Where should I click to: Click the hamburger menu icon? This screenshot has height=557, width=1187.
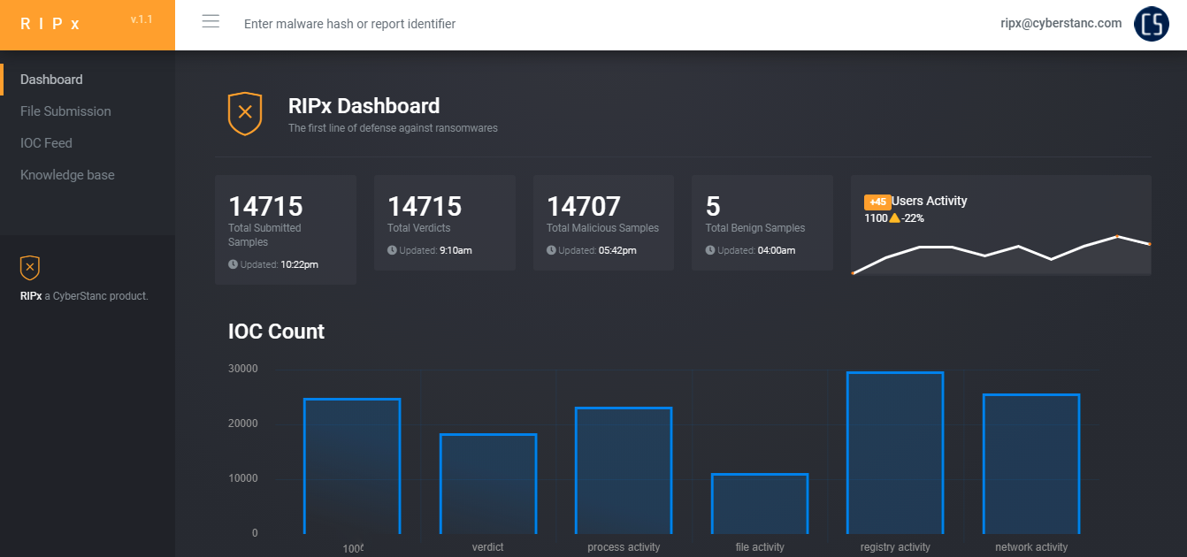[x=211, y=21]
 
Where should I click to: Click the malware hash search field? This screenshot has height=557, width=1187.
[x=349, y=24]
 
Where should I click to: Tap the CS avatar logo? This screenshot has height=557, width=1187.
[x=1152, y=24]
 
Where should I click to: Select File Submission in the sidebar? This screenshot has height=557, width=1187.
[x=65, y=111]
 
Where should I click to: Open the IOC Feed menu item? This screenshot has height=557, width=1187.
[x=46, y=143]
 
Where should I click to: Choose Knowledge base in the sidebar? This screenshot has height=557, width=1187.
[x=67, y=175]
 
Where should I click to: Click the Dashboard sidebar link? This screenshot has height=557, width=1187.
[x=51, y=80]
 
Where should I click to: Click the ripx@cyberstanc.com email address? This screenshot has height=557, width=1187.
[x=1061, y=23]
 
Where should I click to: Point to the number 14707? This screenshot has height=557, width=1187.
[x=584, y=206]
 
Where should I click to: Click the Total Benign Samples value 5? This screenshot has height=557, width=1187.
[x=713, y=206]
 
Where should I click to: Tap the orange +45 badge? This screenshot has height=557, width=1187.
[x=877, y=202]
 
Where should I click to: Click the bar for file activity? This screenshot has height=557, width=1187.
[x=760, y=504]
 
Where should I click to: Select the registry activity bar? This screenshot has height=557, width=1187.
[x=895, y=453]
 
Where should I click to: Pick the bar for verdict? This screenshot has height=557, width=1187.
[x=488, y=484]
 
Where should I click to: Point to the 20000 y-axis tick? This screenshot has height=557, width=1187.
[x=242, y=423]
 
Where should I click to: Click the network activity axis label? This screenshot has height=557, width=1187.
[x=1031, y=547]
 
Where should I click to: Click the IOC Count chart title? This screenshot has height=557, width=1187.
[x=276, y=332]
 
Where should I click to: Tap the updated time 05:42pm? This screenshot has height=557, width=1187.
[x=617, y=250]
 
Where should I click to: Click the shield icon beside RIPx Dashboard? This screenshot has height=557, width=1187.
[x=245, y=113]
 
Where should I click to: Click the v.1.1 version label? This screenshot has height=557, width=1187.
[x=142, y=19]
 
